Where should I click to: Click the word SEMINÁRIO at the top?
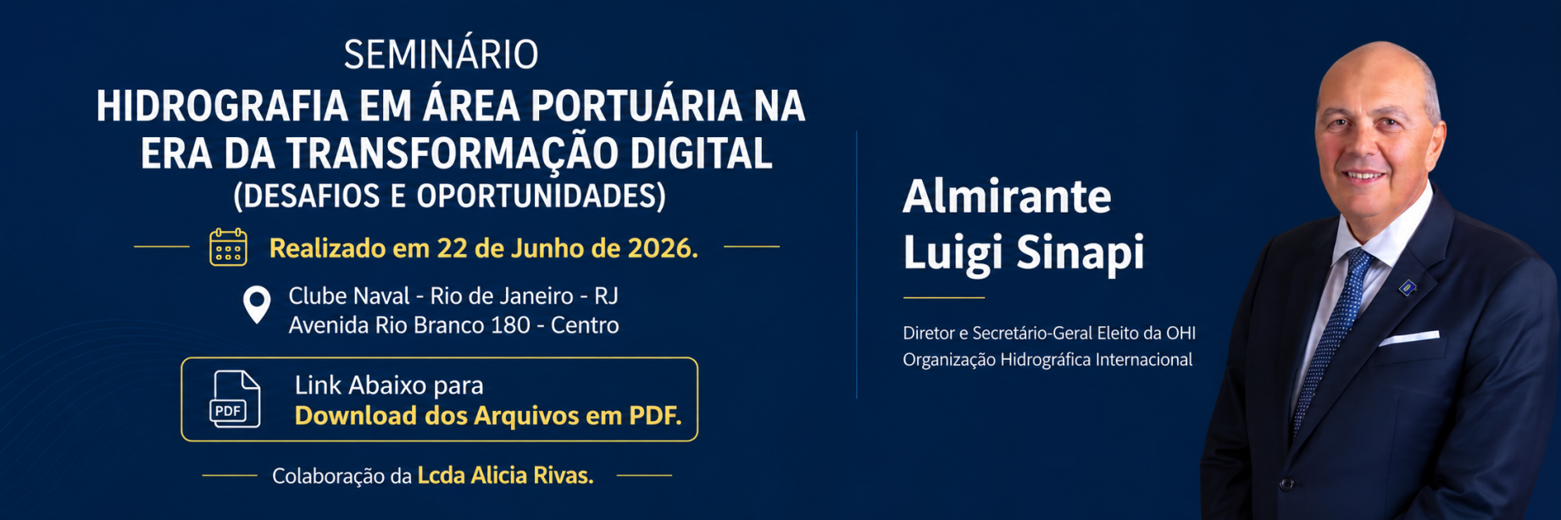[x=441, y=55]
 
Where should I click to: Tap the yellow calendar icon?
[x=228, y=247]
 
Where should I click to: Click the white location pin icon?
[x=257, y=305]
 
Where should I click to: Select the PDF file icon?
[x=235, y=399]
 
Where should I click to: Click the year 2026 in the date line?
[x=663, y=248]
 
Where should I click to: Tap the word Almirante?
[x=1007, y=196]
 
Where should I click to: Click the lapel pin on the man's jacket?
[x=1408, y=288]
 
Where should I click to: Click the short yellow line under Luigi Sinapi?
[x=944, y=298]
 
